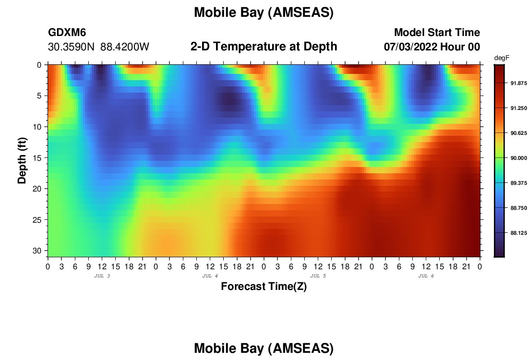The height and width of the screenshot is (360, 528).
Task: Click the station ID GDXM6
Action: [x=67, y=32]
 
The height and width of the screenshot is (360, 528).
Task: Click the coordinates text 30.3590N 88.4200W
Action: [x=98, y=47]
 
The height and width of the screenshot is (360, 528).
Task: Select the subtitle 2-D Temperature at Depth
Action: [x=264, y=47]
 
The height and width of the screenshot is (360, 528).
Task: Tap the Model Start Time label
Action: [x=437, y=32]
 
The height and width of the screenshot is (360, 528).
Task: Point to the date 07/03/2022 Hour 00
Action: [x=432, y=47]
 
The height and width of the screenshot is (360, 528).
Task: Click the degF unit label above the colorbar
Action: [x=502, y=58]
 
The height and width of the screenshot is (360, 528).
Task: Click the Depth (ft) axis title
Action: [x=22, y=161]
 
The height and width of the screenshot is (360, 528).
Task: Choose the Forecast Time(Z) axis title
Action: [x=264, y=287]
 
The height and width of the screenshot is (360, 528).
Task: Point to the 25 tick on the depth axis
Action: [x=37, y=220]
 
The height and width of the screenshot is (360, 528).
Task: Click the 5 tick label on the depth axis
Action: [x=39, y=96]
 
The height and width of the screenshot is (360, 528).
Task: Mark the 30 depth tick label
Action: [x=37, y=251]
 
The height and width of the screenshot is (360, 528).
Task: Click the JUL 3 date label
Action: [x=102, y=276]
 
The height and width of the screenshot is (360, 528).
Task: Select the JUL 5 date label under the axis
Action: [x=318, y=276]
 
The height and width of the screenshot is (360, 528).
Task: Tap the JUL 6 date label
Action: [x=426, y=276]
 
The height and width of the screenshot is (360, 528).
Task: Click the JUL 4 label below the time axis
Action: [x=210, y=276]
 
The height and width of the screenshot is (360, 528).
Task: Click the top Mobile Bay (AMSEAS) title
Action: [x=264, y=12]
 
